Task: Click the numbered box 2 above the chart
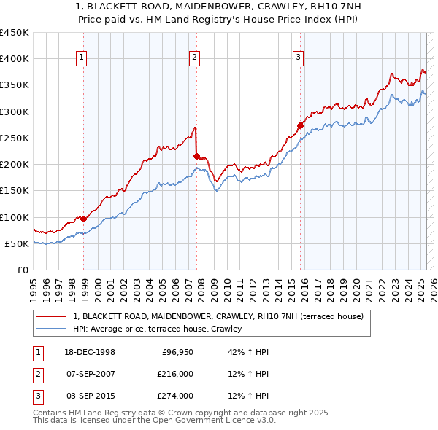click(x=195, y=59)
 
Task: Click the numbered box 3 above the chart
click(x=299, y=59)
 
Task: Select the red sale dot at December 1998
click(x=84, y=218)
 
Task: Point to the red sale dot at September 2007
click(x=196, y=155)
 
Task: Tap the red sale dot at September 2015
click(x=300, y=125)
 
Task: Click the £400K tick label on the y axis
click(x=15, y=59)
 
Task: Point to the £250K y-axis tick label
click(x=15, y=138)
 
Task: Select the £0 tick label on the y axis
click(x=23, y=270)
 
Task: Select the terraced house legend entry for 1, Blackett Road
click(x=212, y=316)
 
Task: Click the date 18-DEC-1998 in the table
click(x=91, y=352)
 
